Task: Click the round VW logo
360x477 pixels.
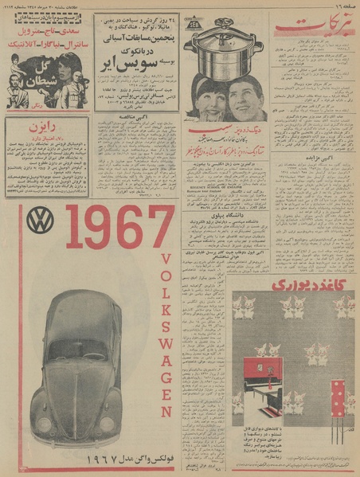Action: [39, 221]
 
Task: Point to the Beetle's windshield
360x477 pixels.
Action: [78, 348]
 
